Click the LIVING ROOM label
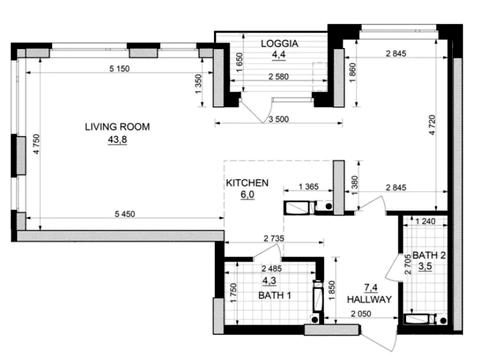(117, 127)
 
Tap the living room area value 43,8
(117, 140)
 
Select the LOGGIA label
(279, 44)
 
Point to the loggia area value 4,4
(279, 55)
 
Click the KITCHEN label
(247, 183)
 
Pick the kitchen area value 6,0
(247, 195)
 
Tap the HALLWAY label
(369, 299)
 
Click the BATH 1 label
(275, 295)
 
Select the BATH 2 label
(429, 256)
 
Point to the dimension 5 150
(120, 69)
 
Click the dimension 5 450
(125, 214)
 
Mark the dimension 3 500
(279, 119)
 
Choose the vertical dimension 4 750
(36, 144)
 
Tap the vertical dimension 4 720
(432, 125)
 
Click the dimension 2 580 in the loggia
(279, 77)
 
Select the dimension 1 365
(309, 187)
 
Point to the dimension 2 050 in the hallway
(361, 314)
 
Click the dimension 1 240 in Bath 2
(425, 221)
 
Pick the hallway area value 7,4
(371, 287)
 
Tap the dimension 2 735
(274, 238)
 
